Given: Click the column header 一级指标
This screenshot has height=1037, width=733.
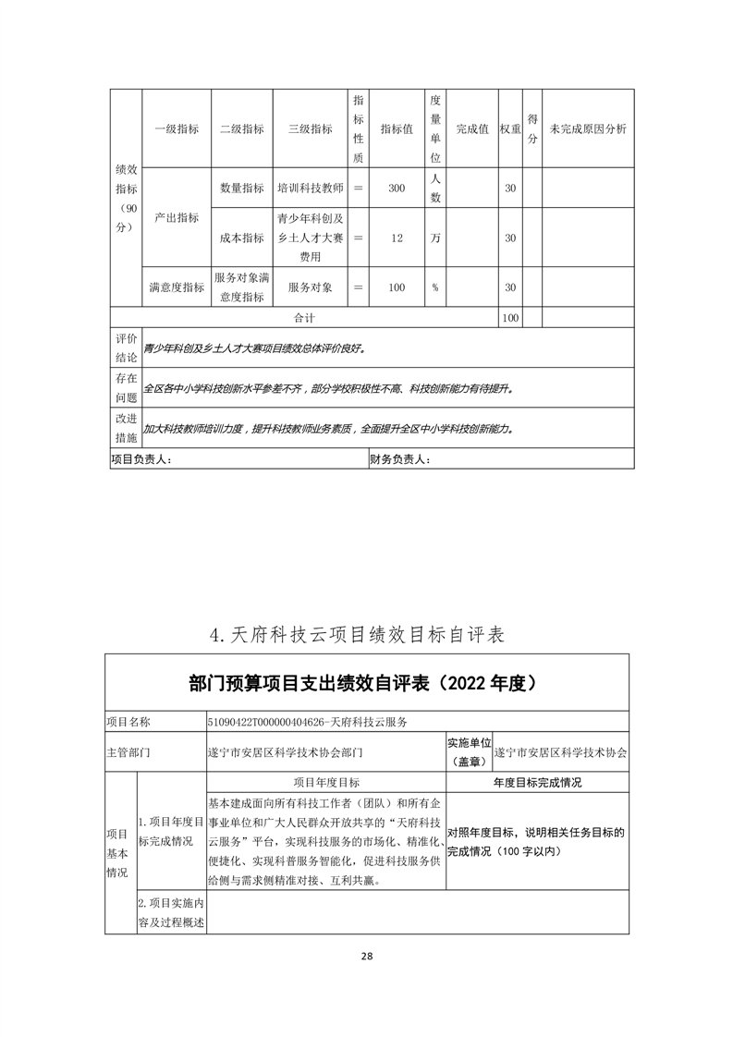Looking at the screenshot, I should (x=176, y=129).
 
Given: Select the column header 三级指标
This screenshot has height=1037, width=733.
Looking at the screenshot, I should (x=311, y=129).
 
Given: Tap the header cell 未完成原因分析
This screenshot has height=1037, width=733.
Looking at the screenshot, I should (x=588, y=129).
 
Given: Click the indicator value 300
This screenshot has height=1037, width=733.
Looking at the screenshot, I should (x=397, y=188).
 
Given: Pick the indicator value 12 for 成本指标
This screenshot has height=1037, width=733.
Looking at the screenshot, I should (x=397, y=238).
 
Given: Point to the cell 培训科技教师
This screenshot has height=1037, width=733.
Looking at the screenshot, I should (x=311, y=188).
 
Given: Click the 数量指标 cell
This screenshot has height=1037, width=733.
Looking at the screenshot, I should (x=242, y=188).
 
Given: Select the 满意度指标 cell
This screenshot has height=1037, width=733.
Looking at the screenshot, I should (x=176, y=287).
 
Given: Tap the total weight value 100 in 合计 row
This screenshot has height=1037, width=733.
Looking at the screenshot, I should (x=509, y=317).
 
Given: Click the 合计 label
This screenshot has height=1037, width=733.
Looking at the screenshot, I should (x=305, y=317).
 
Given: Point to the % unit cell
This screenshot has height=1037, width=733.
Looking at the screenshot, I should (x=434, y=287).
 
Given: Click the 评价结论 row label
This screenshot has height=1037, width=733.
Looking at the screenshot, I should (x=126, y=348).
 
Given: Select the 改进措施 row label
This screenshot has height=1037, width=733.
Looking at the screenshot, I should (x=126, y=428).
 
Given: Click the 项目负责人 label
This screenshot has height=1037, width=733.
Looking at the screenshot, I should (x=140, y=458).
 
